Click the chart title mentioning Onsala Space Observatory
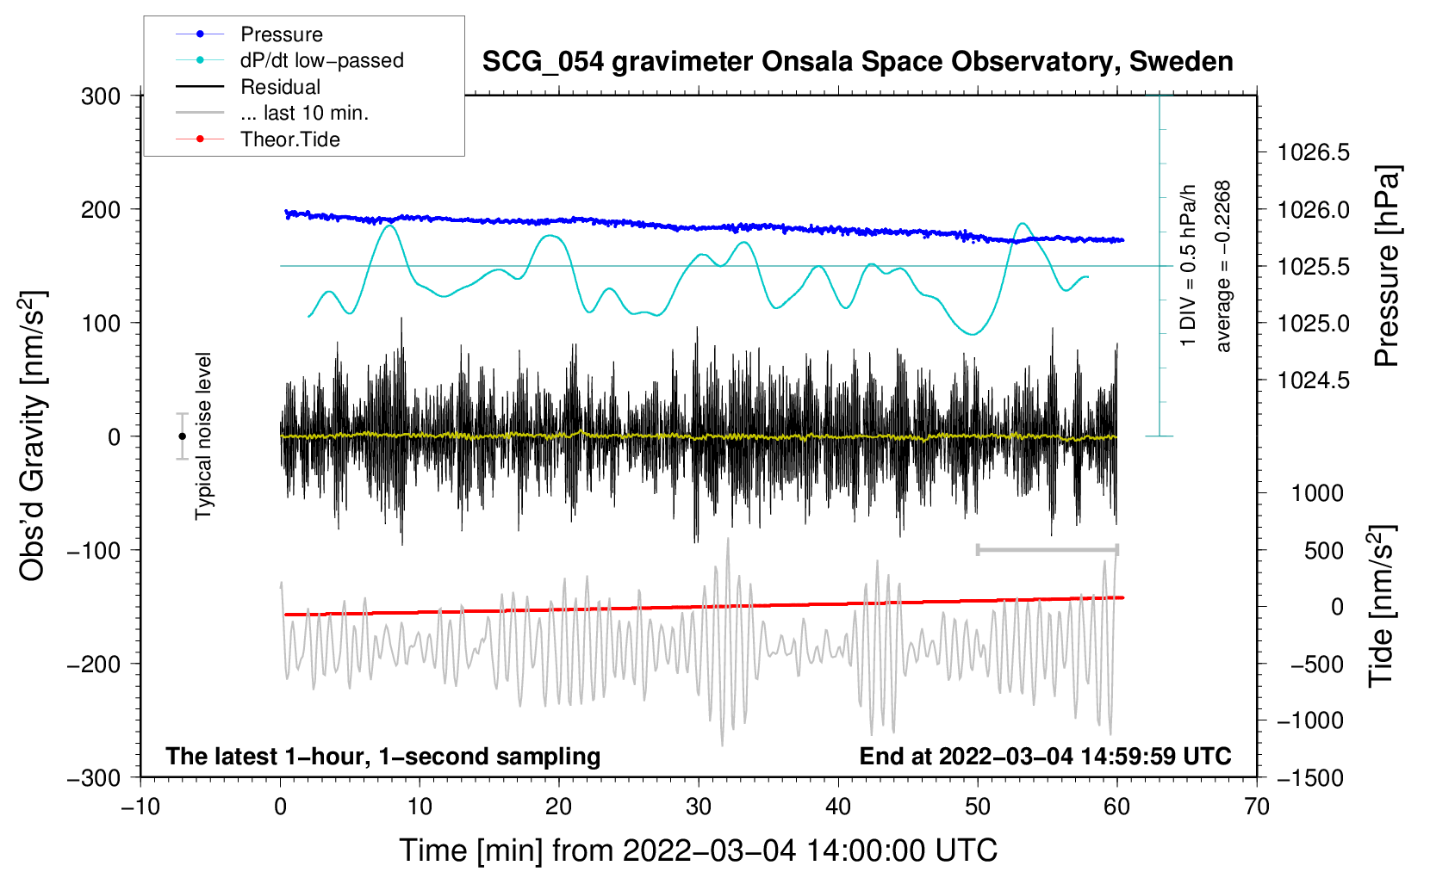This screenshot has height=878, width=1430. click(857, 62)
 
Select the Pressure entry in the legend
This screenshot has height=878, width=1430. click(282, 34)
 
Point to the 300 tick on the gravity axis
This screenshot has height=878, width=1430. click(101, 96)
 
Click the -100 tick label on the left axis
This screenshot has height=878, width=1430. click(94, 551)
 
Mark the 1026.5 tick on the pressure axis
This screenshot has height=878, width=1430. click(1314, 152)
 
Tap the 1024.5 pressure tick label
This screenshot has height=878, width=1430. click(1314, 380)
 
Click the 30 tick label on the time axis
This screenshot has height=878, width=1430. click(699, 807)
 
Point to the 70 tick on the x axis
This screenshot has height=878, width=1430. click(1256, 807)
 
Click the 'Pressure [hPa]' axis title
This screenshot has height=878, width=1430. click(1387, 266)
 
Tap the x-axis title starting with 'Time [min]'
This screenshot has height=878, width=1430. click(699, 851)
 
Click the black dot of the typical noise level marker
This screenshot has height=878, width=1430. click(182, 436)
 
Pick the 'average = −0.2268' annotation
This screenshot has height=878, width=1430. click(1222, 266)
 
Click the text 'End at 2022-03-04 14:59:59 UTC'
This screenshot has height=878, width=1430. click(1045, 756)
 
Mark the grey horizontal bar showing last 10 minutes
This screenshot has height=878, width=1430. click(1047, 550)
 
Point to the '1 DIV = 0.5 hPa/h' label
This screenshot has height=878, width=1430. click(1187, 266)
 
